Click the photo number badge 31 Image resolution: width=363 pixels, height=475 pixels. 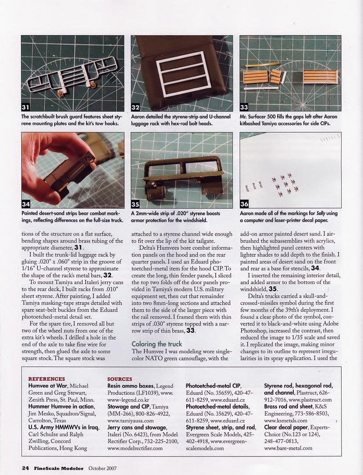point(26,108)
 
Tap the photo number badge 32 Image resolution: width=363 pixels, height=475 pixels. point(135,108)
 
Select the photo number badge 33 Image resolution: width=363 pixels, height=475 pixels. point(244,108)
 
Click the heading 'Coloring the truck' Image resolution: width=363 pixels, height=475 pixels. point(156,344)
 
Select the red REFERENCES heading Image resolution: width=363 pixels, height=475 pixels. point(46,379)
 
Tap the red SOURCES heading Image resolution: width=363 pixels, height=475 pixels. point(120,379)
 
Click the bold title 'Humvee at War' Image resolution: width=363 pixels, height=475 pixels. point(47,386)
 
